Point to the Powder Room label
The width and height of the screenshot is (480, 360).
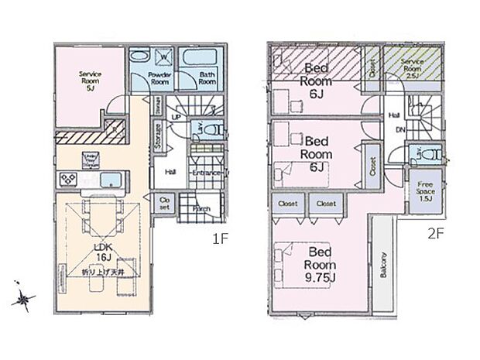pos(160,77)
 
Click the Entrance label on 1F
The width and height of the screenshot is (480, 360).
pos(207,173)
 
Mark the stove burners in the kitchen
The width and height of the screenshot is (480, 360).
pos(67,180)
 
